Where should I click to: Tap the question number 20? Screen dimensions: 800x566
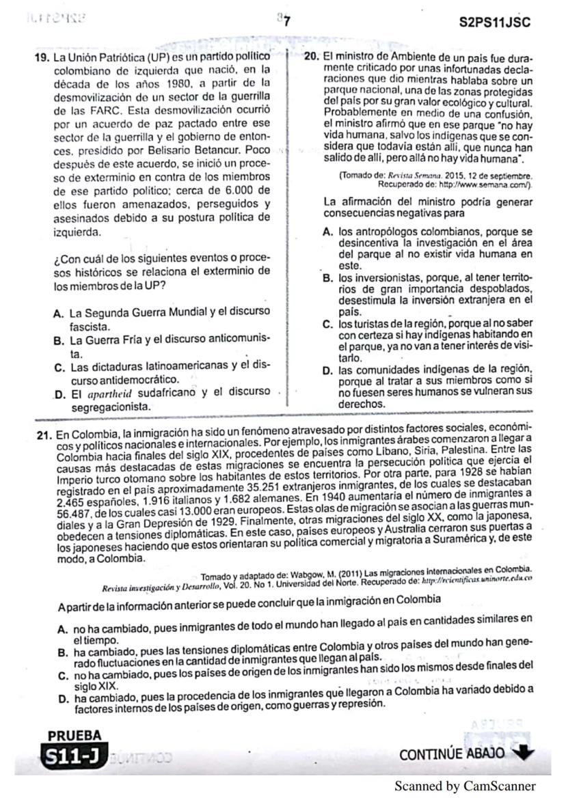pos(312,55)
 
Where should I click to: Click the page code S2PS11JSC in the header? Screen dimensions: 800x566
pos(496,22)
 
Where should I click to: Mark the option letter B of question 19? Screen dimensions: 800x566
pos(58,340)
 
